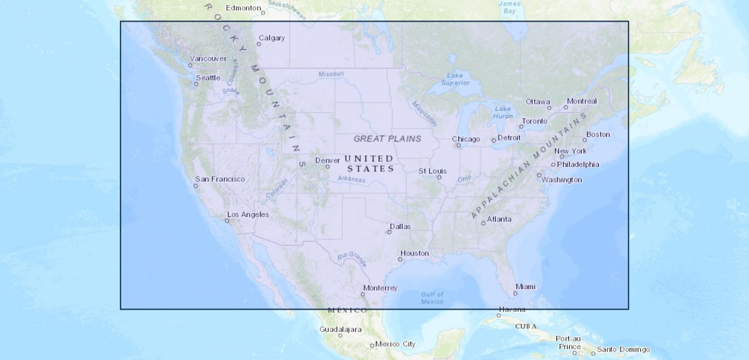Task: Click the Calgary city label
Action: (272, 38)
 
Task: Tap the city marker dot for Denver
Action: (328, 166)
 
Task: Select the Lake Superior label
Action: (456, 79)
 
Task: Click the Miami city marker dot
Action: (516, 293)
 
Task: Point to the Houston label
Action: (415, 253)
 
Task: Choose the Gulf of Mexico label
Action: (432, 298)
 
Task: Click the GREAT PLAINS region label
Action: (387, 139)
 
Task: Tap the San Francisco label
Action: (220, 179)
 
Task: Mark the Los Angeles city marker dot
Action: (227, 221)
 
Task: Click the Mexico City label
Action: (396, 344)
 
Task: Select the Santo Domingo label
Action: (623, 349)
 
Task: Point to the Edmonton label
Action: (243, 8)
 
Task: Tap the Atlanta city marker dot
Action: (483, 223)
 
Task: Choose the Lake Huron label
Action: (504, 112)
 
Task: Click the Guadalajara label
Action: (340, 329)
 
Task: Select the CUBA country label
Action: (526, 326)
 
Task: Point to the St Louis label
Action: (433, 171)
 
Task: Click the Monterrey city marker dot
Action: (363, 294)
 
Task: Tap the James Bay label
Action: (510, 7)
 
